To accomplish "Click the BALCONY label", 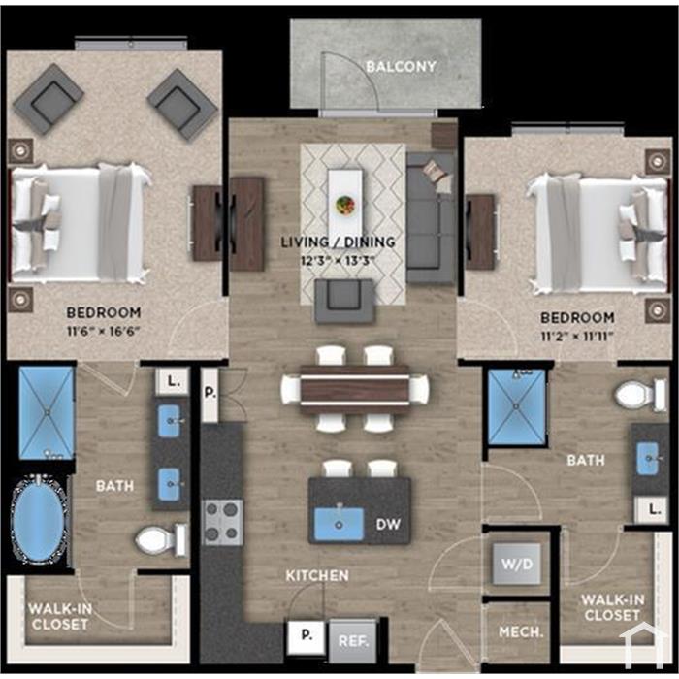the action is point(401,67).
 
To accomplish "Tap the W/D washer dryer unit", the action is point(517,564).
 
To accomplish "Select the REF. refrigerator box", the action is point(353,641).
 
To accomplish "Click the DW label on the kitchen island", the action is point(388,525).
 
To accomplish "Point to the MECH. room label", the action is point(521,632).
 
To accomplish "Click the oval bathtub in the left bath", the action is point(39,520).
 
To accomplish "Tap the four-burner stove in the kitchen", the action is point(223,522).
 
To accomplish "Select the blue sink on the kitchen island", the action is point(339,524).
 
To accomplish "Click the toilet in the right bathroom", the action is point(641,395).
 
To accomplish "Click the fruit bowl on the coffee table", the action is point(345,204).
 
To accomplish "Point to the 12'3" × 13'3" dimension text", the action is point(338,261).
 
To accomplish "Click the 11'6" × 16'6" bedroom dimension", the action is point(104,332).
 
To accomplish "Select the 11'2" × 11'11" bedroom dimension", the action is point(578,337).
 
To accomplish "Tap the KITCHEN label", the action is point(317,575).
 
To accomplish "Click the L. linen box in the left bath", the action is point(173,381).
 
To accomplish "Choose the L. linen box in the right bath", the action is point(651,509).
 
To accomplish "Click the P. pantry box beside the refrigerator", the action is point(307,637).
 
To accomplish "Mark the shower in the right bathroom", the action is point(516,406).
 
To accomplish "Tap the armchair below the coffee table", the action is point(344,301).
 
